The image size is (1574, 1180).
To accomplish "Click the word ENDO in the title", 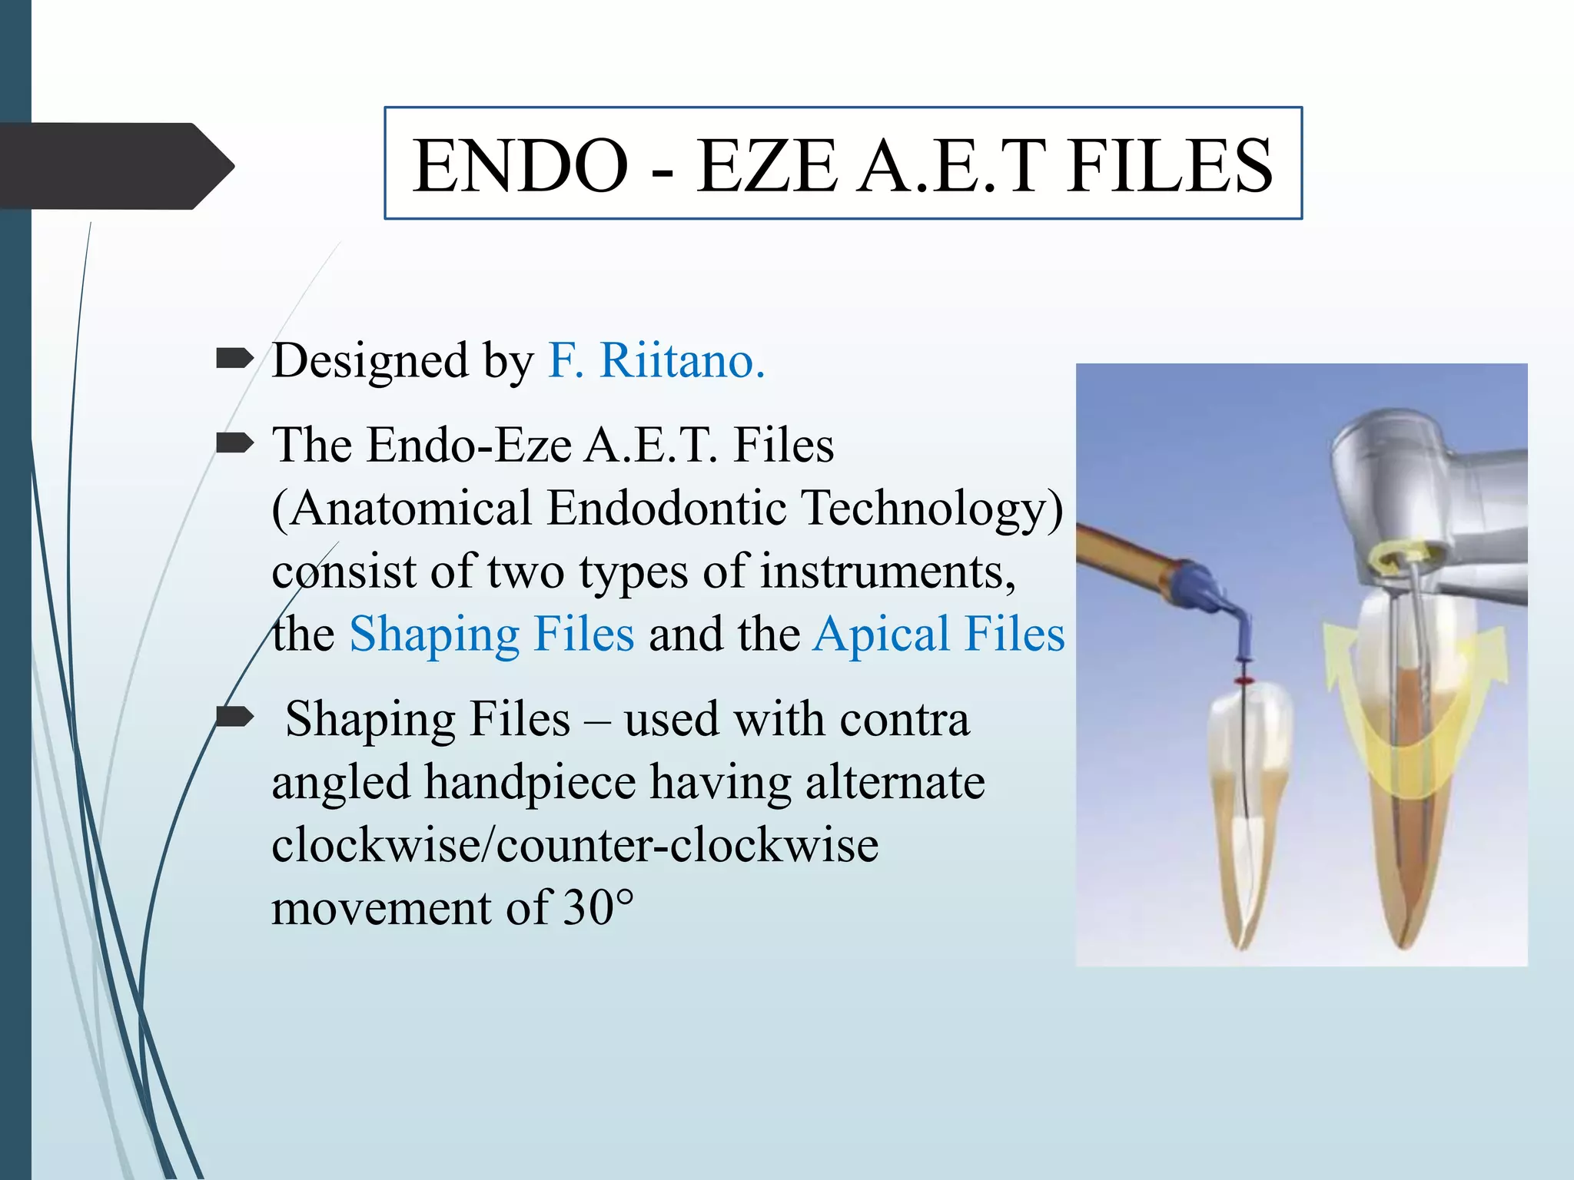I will point(520,165).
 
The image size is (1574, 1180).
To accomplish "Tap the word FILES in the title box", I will point(1169,165).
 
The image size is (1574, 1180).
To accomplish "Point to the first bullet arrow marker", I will point(234,358).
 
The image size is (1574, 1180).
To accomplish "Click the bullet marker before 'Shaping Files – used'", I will point(234,718).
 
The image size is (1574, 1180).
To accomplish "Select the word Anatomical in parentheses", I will point(410,508).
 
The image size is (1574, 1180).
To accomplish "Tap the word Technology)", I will point(932,508).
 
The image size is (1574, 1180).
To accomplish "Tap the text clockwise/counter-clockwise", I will point(575,845).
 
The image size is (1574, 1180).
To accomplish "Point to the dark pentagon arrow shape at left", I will point(115,165).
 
